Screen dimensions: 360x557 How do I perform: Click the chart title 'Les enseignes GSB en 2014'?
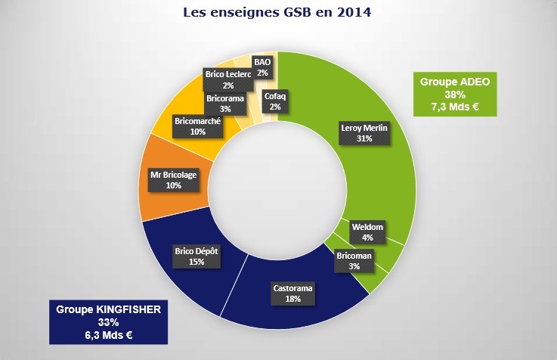[x=278, y=13]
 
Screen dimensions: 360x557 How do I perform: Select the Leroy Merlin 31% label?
[x=364, y=133]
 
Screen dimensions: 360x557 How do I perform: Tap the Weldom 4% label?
[x=368, y=231]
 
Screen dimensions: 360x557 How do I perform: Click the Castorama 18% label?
[x=292, y=293]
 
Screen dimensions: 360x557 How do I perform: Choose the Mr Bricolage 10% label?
[x=174, y=180]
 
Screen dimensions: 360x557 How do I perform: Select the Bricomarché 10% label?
[x=198, y=126]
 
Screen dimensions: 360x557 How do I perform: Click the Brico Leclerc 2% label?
[x=228, y=80]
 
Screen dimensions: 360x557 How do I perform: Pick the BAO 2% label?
[x=262, y=67]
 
